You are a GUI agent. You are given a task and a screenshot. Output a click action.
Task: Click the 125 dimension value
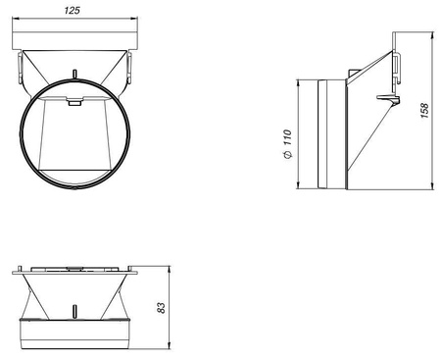point(72,10)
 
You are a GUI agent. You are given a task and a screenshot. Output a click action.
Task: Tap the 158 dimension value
point(424,110)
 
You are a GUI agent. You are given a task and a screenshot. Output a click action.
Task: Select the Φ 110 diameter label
point(287,144)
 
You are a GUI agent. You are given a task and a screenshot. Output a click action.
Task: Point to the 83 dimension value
point(162,308)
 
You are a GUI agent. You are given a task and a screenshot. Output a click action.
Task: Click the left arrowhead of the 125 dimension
point(15,19)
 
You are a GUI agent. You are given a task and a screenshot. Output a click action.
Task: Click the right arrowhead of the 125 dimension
point(135,19)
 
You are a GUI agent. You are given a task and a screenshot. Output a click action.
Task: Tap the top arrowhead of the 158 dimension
point(432,35)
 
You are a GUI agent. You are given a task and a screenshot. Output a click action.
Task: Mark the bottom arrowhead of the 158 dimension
point(432,186)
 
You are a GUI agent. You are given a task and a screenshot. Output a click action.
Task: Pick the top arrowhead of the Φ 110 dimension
point(298,82)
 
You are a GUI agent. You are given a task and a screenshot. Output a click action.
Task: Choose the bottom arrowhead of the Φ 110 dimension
point(298,186)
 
